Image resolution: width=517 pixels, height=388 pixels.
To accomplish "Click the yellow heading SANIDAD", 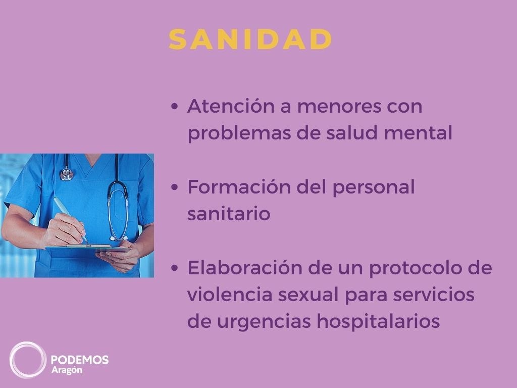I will [250, 39].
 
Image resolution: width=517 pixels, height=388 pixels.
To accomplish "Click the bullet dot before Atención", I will [175, 108].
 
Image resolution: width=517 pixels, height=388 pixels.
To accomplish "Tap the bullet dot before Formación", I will [175, 188].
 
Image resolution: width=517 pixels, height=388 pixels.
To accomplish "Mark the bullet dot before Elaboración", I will [175, 269].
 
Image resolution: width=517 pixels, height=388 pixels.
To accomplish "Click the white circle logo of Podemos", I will [28, 360].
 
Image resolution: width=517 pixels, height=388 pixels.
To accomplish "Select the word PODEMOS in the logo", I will [80, 360].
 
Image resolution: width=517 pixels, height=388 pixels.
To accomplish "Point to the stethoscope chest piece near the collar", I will [66, 175].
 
